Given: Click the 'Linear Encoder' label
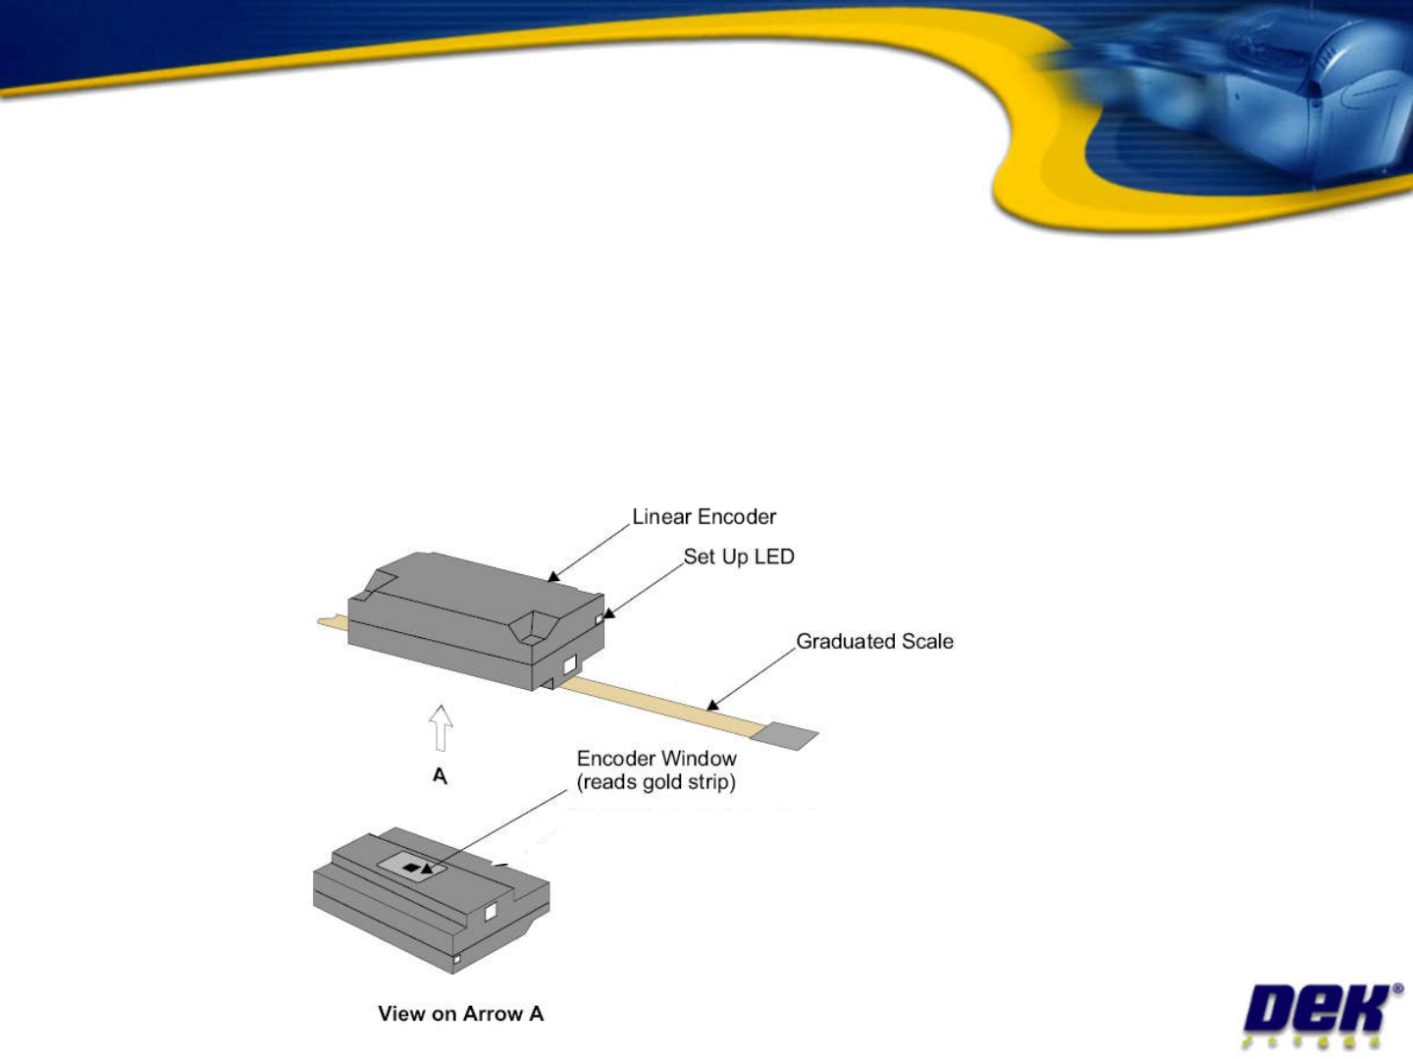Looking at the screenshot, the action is tap(704, 517).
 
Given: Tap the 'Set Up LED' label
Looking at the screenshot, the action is tap(739, 556).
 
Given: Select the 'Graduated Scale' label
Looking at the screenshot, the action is tap(874, 641).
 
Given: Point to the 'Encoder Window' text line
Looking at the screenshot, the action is tap(656, 759).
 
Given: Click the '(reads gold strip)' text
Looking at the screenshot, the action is tap(656, 782).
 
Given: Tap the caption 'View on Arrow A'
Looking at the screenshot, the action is tap(460, 1014).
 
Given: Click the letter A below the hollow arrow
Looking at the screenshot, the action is tap(440, 776).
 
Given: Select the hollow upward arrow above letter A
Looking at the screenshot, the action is tap(441, 728).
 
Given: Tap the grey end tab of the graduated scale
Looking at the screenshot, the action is tap(789, 735).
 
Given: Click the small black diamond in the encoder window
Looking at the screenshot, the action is tap(412, 868).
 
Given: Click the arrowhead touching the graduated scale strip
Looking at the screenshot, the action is tap(713, 705).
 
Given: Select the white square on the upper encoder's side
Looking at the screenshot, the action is tap(568, 664).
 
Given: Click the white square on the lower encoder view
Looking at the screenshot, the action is tap(491, 912).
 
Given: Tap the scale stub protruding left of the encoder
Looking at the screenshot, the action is tap(332, 621).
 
